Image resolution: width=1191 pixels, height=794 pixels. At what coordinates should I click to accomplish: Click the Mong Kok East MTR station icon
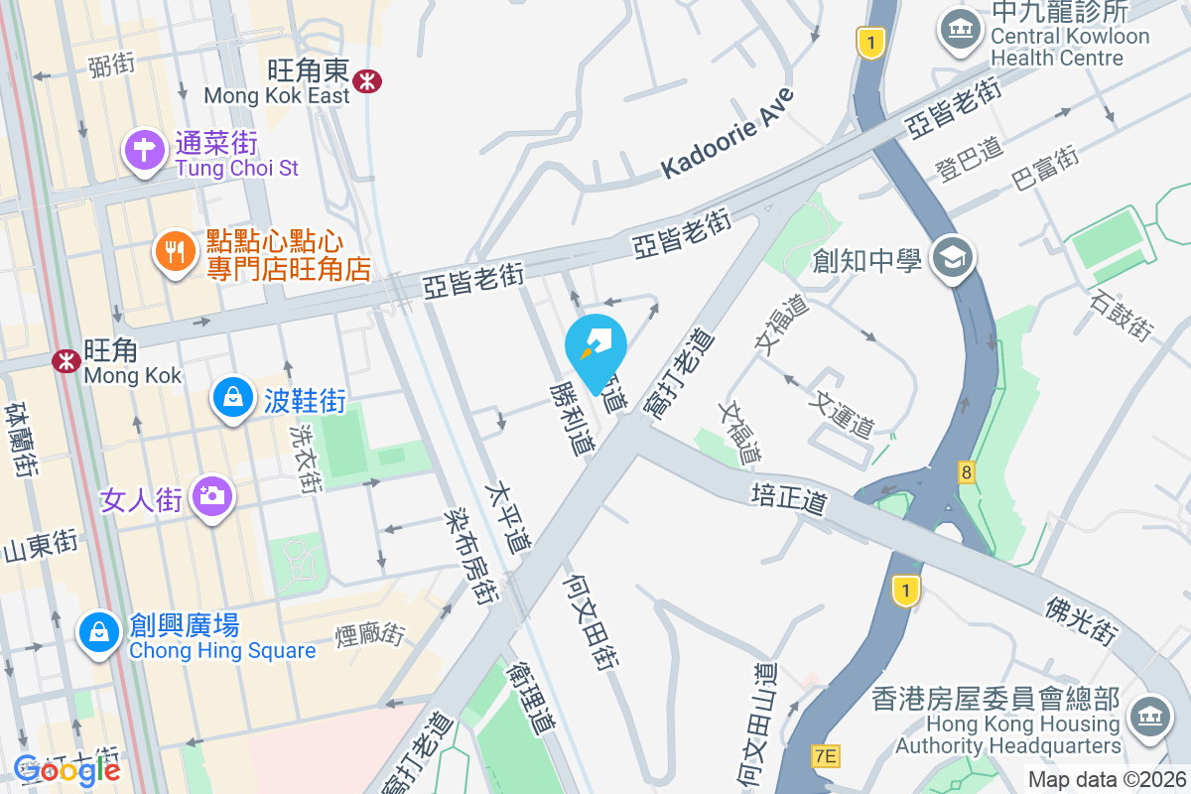pyautogui.click(x=367, y=80)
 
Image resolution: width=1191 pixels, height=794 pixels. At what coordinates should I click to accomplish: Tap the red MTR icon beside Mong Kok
pyautogui.click(x=67, y=360)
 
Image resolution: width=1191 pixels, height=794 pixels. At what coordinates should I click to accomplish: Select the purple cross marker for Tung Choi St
pyautogui.click(x=145, y=151)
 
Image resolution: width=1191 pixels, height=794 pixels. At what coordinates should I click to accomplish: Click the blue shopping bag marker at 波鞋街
pyautogui.click(x=231, y=398)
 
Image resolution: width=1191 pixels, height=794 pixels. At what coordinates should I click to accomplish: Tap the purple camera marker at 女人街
pyautogui.click(x=211, y=494)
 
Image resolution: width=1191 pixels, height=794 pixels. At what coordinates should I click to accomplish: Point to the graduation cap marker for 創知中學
pyautogui.click(x=953, y=258)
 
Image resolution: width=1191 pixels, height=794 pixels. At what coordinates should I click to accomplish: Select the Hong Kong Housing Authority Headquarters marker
pyautogui.click(x=1149, y=714)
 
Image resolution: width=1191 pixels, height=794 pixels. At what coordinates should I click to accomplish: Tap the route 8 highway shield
pyautogui.click(x=966, y=471)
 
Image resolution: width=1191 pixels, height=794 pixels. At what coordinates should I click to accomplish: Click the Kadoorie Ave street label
pyautogui.click(x=728, y=134)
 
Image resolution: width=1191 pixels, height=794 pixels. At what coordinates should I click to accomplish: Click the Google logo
pyautogui.click(x=67, y=769)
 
